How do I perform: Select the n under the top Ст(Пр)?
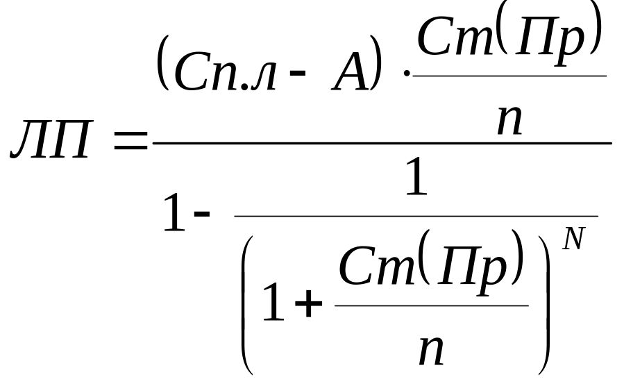509,119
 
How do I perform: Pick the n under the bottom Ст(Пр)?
431,349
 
